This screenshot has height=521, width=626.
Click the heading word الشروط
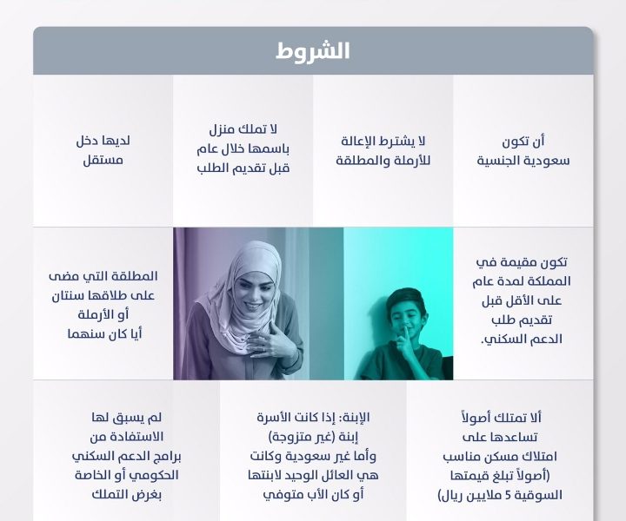tap(313, 51)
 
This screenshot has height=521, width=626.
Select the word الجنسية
tap(498, 161)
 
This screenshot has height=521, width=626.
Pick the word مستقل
tap(103, 161)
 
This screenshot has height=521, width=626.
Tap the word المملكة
tap(549, 281)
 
